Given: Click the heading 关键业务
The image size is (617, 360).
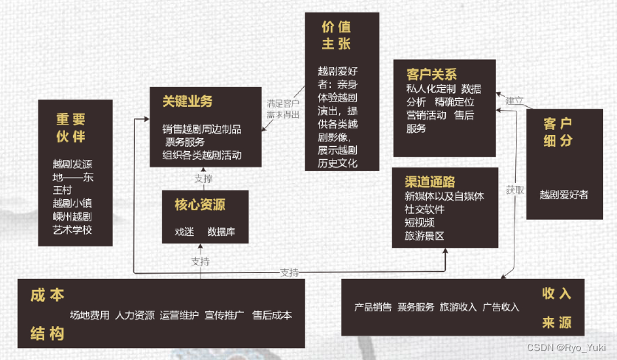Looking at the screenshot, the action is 187,102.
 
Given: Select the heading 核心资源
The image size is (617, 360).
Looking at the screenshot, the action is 195,204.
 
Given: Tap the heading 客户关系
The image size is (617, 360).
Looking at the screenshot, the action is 431,74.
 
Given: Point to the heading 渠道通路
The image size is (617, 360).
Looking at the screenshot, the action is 430,181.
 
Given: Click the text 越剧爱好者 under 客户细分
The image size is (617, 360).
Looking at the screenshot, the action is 564,195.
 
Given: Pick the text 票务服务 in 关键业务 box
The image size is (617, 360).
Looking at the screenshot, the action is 184,142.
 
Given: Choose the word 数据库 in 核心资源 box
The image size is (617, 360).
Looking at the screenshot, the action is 221,231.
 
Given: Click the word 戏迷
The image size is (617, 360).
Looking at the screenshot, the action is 184,231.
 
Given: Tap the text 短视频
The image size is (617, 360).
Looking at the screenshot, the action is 419,223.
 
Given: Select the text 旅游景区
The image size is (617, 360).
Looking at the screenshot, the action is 424,236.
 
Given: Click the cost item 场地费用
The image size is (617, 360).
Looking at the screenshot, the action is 90,315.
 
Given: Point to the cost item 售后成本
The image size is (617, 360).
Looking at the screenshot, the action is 272,315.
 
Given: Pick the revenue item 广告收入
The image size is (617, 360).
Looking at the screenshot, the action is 501,307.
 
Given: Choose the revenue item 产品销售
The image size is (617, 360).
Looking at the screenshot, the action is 373,307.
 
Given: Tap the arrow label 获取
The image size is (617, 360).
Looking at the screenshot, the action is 515,190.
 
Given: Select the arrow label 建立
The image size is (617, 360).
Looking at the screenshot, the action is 514,100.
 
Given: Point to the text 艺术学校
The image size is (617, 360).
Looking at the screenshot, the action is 72,229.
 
